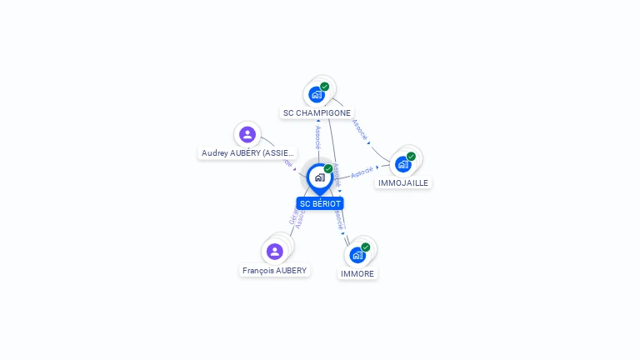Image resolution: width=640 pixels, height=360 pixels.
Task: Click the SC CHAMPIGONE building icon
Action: pos(316,94)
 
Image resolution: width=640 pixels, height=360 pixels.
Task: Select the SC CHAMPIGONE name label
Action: pos(317,112)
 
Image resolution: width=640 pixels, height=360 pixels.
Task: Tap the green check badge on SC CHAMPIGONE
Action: pos(325,87)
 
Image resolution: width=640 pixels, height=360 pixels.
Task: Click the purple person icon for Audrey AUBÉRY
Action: pos(247,134)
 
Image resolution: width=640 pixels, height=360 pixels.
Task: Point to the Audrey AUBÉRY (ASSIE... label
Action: pos(248,153)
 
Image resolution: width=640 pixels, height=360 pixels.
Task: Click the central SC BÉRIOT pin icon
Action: pos(319,177)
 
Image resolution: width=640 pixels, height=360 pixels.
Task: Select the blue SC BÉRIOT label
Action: pos(320,203)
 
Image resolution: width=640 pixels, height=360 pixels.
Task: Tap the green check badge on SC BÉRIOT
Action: pos(328,169)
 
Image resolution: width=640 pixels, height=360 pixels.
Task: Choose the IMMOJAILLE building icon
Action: pos(403,164)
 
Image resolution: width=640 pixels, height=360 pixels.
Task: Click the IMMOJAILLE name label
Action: pos(403,182)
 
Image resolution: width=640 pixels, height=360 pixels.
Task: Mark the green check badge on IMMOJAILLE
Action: pos(412,157)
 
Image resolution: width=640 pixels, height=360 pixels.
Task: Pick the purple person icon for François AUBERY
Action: pos(275,251)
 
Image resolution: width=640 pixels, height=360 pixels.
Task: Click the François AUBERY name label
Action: pos(275,270)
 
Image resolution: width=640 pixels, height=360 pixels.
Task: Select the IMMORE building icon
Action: pos(357,255)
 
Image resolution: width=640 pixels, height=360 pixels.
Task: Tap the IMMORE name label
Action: pos(357,273)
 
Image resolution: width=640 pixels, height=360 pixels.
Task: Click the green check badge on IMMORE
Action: pos(366,247)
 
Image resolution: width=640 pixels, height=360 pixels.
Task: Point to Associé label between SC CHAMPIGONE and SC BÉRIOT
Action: pos(318,136)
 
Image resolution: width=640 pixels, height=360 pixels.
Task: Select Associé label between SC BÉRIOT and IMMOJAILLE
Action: pos(362,172)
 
